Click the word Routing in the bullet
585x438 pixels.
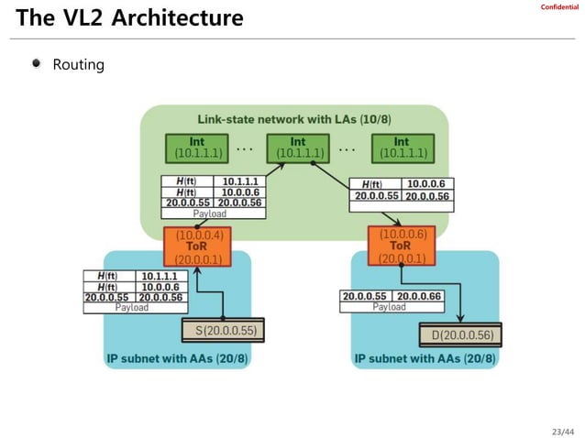coord(78,65)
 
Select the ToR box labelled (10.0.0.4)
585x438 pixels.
coord(198,246)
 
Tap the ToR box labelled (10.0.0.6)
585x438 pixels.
coord(400,246)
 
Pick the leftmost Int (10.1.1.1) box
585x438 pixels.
coord(197,148)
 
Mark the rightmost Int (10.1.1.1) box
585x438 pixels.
coord(401,148)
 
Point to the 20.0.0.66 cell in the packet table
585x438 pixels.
coord(418,296)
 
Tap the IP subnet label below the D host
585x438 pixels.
coord(425,360)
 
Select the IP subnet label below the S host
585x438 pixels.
coord(177,360)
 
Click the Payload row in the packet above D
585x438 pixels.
coord(389,307)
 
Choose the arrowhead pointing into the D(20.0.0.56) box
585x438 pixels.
coord(459,322)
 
